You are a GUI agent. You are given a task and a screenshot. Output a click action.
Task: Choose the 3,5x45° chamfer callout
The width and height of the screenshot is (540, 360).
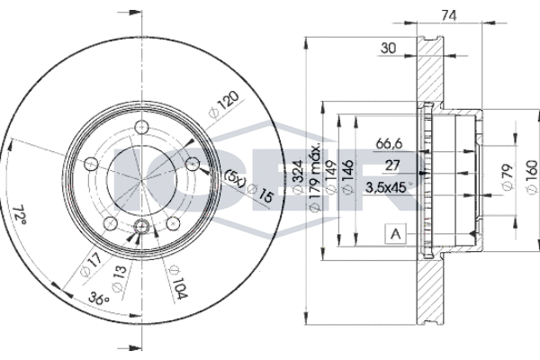click(388, 188)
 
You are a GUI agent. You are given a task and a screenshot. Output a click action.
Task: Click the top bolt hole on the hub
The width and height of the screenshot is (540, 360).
click(139, 127)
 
